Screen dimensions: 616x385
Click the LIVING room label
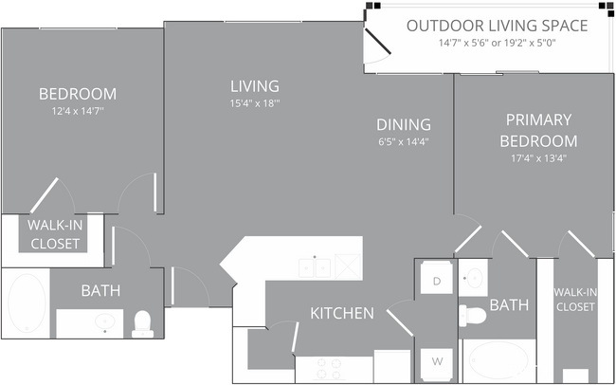point(255,86)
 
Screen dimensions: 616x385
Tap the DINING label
point(404,124)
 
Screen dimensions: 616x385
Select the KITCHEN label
point(342,313)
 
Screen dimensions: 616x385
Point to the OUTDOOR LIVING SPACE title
point(497,26)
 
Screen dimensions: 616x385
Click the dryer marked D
point(437,278)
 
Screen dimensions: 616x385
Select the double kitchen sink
point(315,267)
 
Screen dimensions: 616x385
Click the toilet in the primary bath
point(473,315)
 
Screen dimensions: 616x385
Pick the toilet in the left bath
point(142,324)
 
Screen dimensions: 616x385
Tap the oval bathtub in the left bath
point(27,302)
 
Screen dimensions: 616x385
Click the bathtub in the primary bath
point(498,361)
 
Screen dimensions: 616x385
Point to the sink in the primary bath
point(474,278)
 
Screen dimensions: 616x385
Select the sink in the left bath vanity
point(105,323)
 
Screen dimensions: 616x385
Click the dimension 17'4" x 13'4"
point(538,158)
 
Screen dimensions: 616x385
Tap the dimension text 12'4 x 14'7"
point(78,111)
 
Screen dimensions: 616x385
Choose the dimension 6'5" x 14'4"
point(404,141)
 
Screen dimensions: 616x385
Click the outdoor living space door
point(377,42)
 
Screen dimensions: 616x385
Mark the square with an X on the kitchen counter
point(348,266)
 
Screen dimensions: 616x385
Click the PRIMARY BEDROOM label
point(538,130)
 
